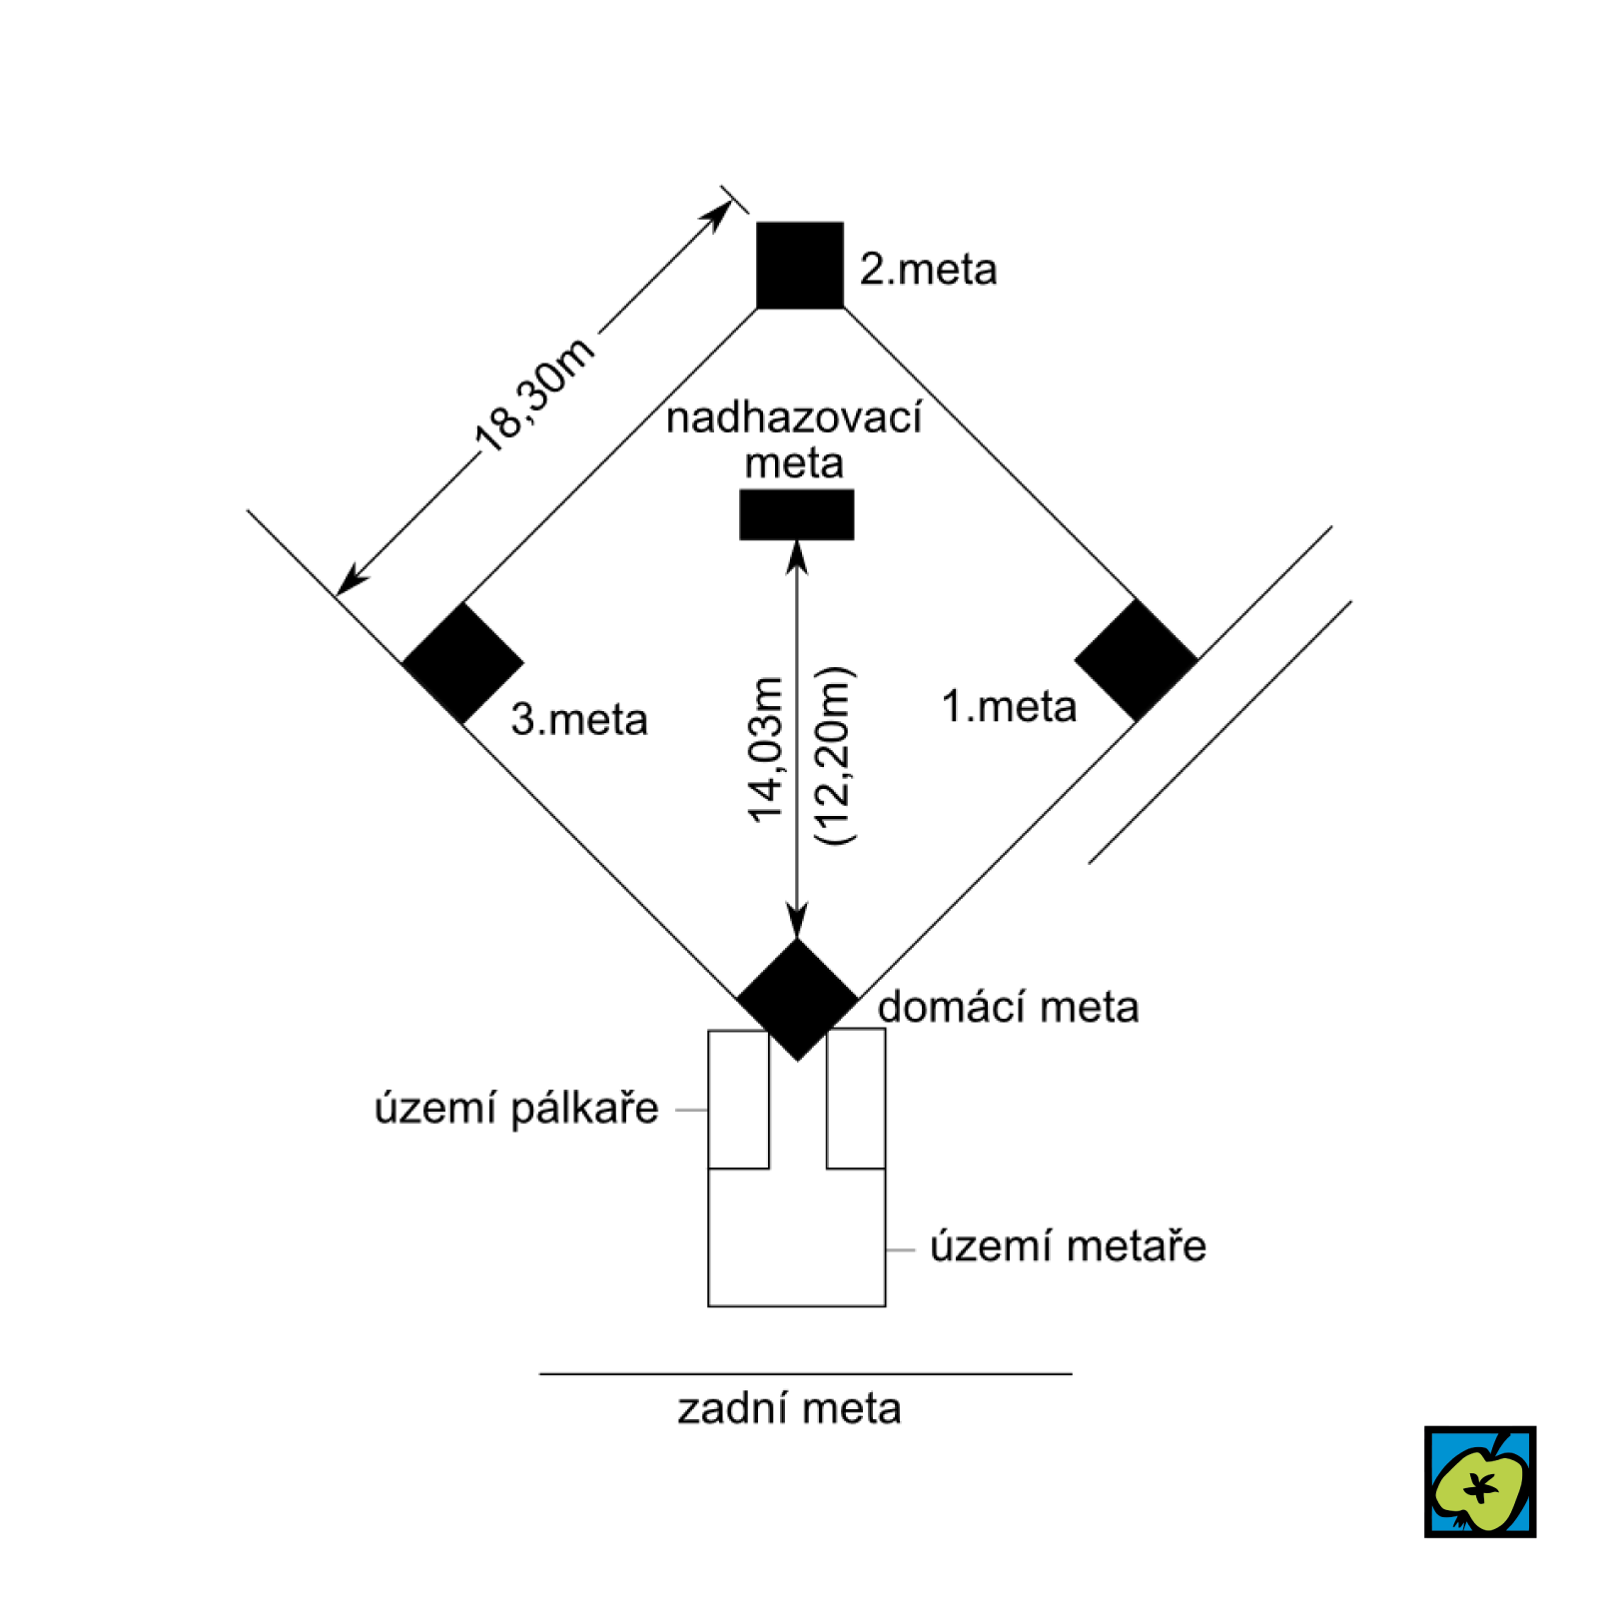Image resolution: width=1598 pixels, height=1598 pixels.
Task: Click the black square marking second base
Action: click(799, 265)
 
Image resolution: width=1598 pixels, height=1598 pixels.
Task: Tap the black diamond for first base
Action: click(1136, 660)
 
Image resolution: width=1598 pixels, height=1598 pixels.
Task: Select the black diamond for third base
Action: click(462, 662)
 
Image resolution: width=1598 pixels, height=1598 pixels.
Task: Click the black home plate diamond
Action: click(797, 999)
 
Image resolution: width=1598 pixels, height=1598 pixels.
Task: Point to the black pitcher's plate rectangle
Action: click(796, 514)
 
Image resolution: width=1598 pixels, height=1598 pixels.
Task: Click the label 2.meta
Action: click(928, 270)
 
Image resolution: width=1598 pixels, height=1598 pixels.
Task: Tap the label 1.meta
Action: click(1009, 707)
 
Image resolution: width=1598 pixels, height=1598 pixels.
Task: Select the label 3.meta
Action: click(579, 719)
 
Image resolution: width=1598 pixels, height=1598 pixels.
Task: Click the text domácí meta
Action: click(1008, 1007)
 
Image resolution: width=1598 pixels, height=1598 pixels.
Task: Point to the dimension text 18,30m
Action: click(534, 395)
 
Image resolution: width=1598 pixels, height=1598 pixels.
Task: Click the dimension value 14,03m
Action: click(767, 749)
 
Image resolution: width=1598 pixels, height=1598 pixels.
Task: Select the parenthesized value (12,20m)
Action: click(834, 756)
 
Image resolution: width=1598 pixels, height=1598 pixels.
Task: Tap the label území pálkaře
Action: click(516, 1109)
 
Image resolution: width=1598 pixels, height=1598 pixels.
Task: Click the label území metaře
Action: click(1068, 1246)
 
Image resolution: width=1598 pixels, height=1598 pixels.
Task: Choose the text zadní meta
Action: click(789, 1409)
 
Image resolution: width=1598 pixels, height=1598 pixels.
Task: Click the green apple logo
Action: click(1479, 1481)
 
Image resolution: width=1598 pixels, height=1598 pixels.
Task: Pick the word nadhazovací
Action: click(794, 418)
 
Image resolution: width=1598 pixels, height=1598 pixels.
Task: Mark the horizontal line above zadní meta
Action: click(805, 1373)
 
